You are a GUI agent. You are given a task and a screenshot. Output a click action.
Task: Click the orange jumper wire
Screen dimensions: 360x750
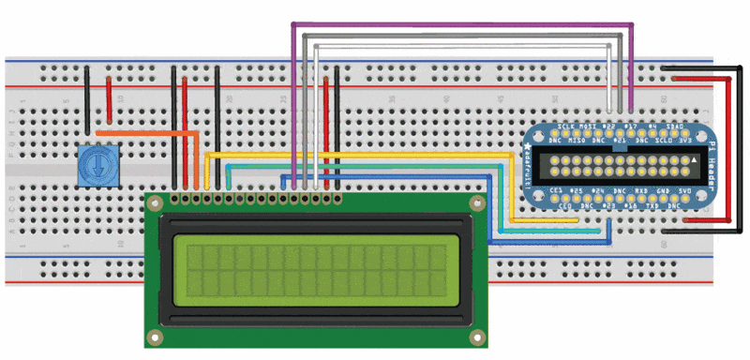tap(150, 133)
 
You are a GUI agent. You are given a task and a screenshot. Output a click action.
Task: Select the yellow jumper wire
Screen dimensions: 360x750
tap(375, 154)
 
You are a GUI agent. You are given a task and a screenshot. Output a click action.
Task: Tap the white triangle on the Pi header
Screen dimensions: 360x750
tap(695, 161)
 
